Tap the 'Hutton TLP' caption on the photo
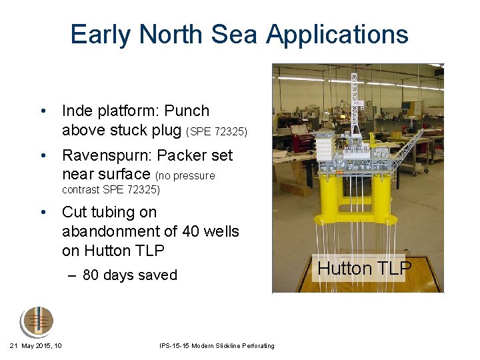click(x=364, y=269)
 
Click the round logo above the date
click(x=36, y=323)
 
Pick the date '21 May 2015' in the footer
click(x=32, y=345)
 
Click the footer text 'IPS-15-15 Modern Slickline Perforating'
click(x=217, y=345)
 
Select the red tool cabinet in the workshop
click(x=303, y=143)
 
